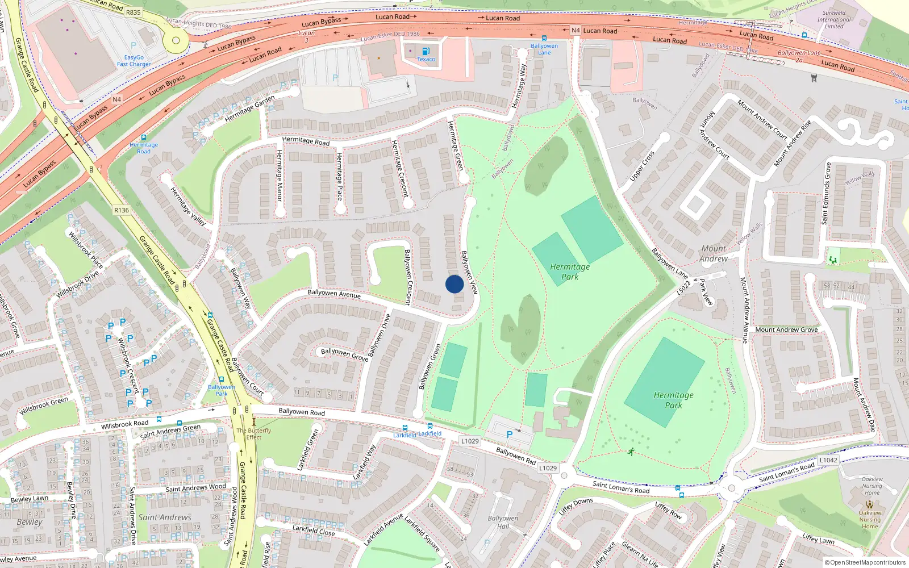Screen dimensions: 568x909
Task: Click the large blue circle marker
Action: tap(454, 284)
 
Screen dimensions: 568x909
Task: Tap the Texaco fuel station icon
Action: tap(426, 51)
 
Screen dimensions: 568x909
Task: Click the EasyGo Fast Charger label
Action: tap(134, 61)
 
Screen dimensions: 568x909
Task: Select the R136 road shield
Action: tap(122, 210)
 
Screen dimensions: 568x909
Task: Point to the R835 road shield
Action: tap(134, 12)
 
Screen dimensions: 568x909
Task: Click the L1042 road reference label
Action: tap(828, 460)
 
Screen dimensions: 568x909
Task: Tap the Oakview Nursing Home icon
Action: tap(869, 504)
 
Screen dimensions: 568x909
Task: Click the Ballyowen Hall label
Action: tap(503, 522)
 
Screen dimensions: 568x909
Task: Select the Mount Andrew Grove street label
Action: tap(786, 329)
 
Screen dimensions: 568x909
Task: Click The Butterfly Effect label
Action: tap(254, 434)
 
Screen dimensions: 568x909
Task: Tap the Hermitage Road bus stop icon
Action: tap(144, 137)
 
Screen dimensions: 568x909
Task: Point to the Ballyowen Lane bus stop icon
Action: tap(544, 39)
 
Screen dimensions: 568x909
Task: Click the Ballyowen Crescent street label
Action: tap(407, 277)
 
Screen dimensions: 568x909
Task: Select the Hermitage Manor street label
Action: tap(279, 175)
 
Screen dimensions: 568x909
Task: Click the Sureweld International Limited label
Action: tap(834, 19)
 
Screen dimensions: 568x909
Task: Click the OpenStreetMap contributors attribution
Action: tap(865, 562)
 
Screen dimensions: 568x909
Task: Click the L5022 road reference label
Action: tap(684, 287)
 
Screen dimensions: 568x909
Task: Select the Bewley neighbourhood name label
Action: tap(30, 522)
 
